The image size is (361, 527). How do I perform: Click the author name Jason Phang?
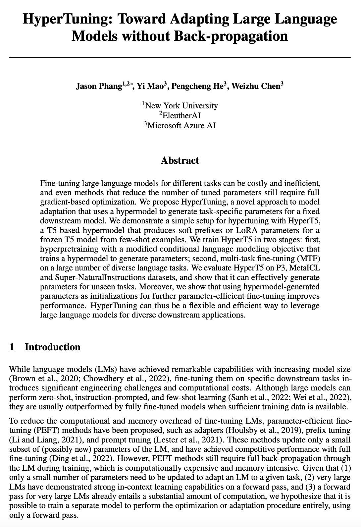point(99,87)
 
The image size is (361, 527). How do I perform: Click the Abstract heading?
point(180,160)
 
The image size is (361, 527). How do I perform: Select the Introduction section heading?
point(52,347)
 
